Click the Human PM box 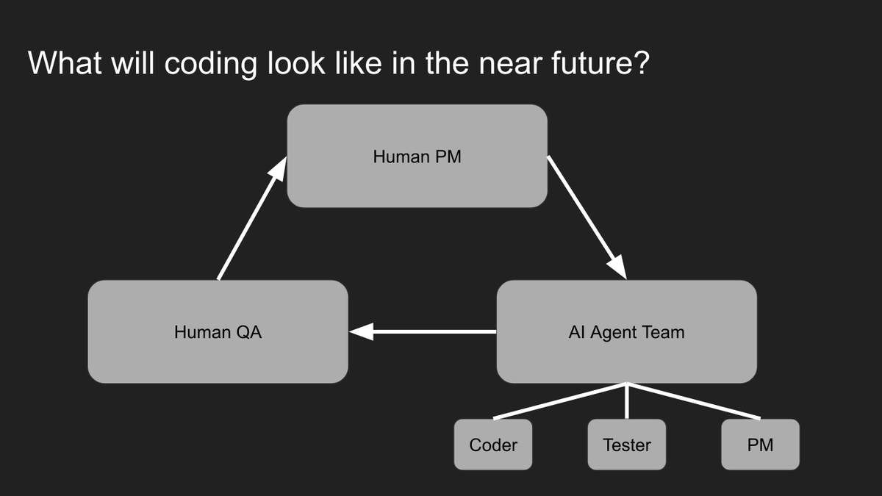pos(417,156)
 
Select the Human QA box pos(218,331)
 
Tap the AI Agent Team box pos(626,331)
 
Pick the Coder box pos(493,445)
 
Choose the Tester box pos(626,445)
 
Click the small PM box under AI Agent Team pos(760,445)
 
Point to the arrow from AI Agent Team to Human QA pos(426,332)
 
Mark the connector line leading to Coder pos(559,401)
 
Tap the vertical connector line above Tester pos(626,401)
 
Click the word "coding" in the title pos(211,64)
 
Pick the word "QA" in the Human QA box pos(248,332)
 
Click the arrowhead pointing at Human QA pos(360,332)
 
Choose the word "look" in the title pos(294,64)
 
